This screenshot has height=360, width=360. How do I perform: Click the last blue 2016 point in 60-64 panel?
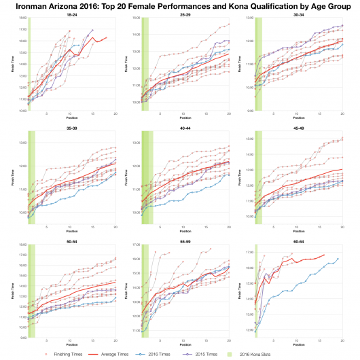point(338,259)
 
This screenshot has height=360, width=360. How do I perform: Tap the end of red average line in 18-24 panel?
point(107,37)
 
